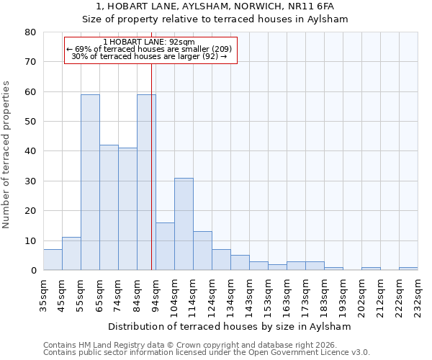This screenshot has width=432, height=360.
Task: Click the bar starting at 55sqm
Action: pos(90,182)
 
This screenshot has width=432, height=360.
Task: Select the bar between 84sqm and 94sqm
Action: pos(146,182)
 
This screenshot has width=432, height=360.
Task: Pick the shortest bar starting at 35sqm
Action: pos(53,260)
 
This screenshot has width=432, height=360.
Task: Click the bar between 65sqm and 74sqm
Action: pos(109,207)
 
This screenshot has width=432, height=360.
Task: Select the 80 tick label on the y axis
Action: pos(30,32)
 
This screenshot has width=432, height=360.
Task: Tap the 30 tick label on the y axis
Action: pos(30,181)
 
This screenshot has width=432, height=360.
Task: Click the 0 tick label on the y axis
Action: pos(33,270)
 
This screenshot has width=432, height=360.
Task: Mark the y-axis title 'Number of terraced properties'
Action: pos(7,154)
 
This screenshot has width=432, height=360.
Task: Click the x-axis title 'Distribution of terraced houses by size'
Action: pos(230,326)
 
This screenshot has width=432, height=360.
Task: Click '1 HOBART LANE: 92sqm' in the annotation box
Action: pos(149,42)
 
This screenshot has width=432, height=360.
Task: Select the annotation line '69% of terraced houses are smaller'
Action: pos(149,49)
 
